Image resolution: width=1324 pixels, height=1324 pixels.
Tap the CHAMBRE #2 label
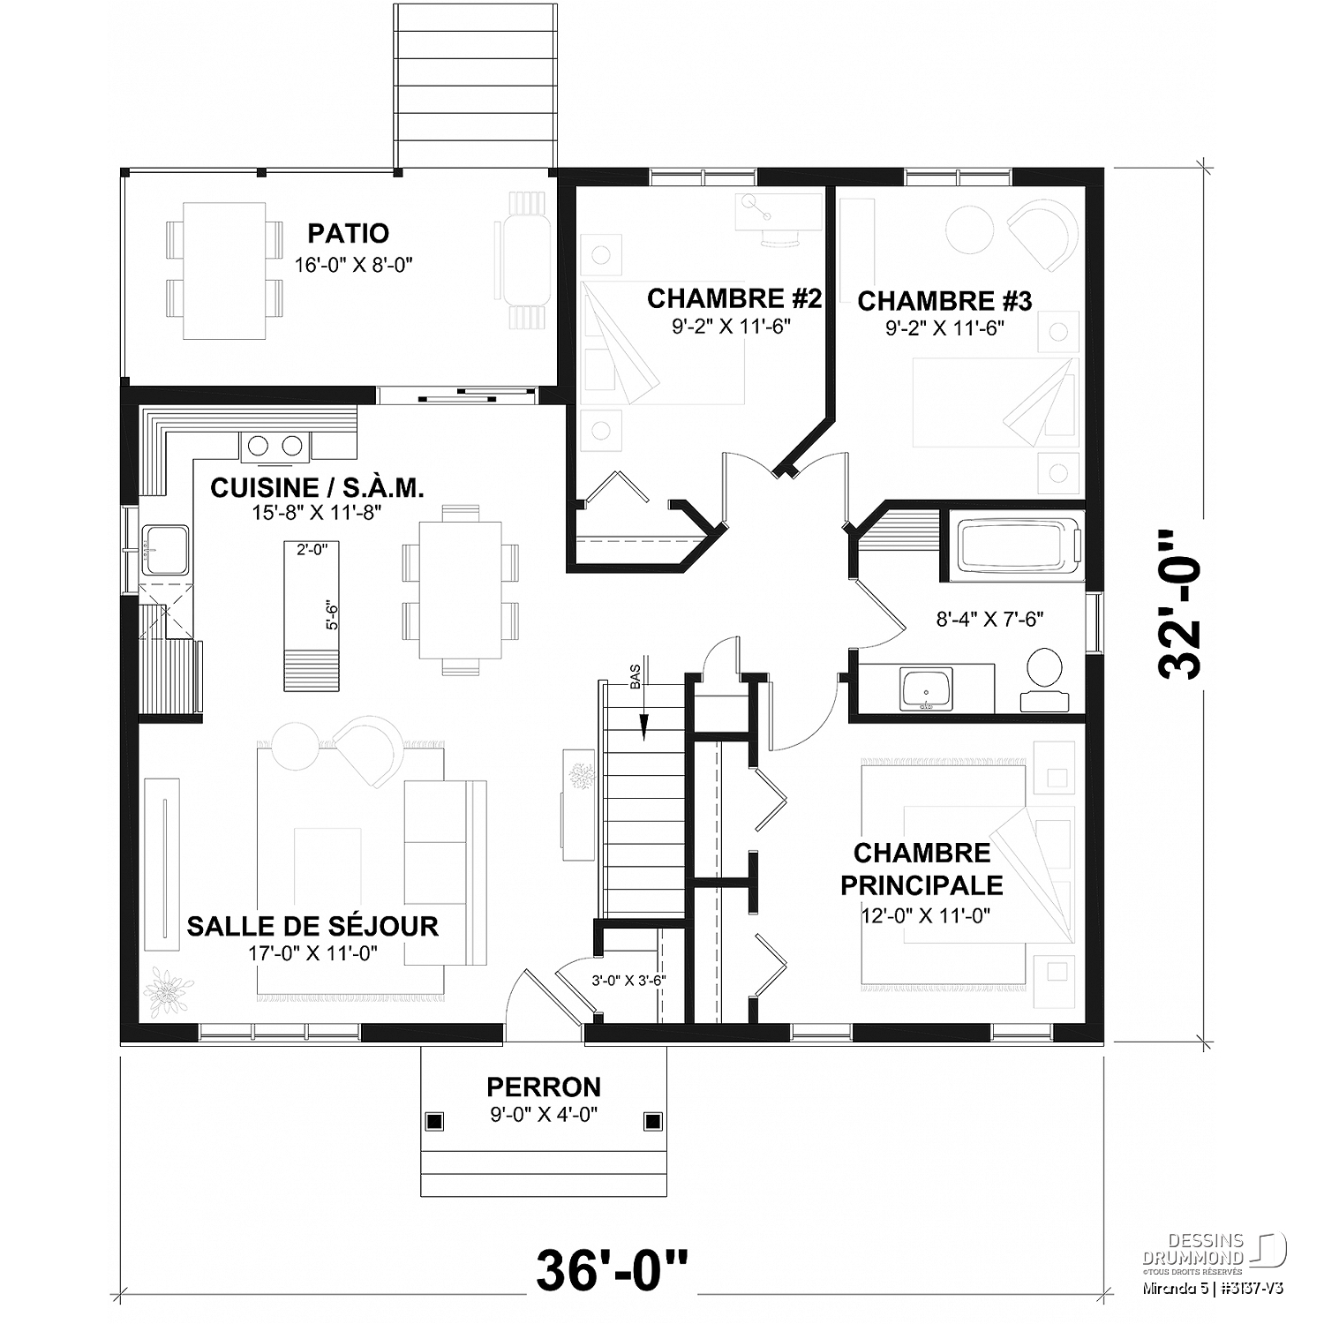[x=734, y=298]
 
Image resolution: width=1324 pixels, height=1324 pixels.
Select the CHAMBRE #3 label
[x=944, y=301]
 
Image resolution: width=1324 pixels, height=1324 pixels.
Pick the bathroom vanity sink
[x=925, y=688]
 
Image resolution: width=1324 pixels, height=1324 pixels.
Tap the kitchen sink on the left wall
[x=165, y=549]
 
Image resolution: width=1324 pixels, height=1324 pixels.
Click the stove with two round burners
[x=275, y=446]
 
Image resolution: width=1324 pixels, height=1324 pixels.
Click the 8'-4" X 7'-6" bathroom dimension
[x=989, y=619]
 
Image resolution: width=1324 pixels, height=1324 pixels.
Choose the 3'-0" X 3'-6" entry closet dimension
[x=628, y=980]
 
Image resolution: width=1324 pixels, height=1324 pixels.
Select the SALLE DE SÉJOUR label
[x=312, y=926]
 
